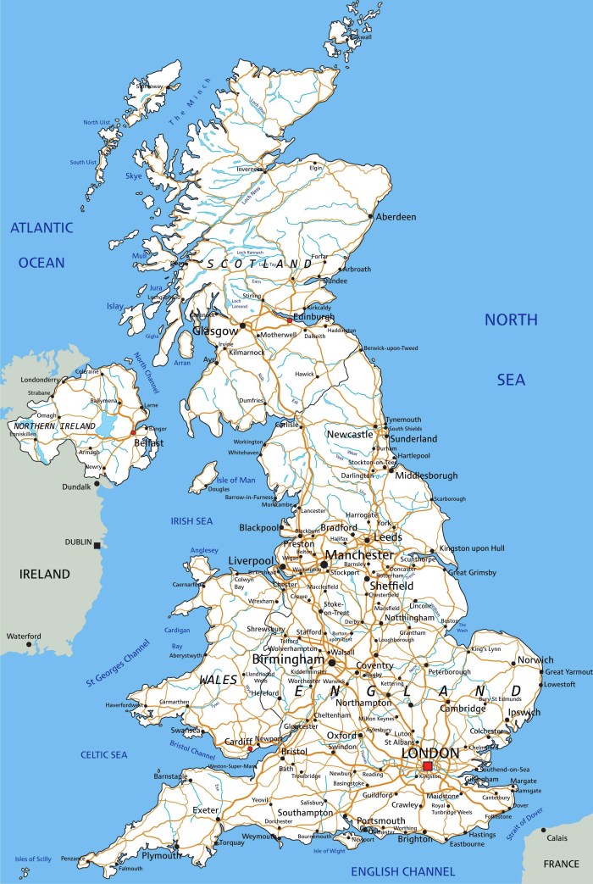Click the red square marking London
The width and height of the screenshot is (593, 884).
click(x=427, y=766)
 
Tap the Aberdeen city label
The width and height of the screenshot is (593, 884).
click(x=396, y=217)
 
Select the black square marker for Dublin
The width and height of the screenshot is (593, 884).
click(x=98, y=545)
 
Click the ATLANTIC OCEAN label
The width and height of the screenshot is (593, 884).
click(x=42, y=245)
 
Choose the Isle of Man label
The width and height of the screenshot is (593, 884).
click(x=235, y=481)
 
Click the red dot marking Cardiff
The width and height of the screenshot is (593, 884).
click(x=249, y=749)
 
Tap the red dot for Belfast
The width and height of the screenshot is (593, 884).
click(x=133, y=432)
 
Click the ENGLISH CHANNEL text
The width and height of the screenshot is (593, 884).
click(x=403, y=870)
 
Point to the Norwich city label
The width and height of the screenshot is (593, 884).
click(x=536, y=660)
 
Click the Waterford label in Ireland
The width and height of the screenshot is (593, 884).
click(x=23, y=637)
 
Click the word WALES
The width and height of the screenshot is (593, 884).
click(x=218, y=680)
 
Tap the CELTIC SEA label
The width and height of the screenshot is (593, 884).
click(x=104, y=754)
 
